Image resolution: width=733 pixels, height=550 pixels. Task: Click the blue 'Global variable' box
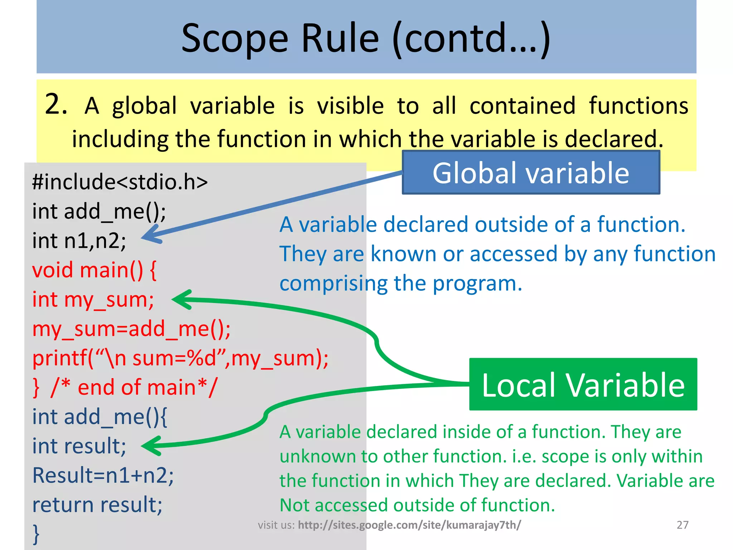[x=531, y=173]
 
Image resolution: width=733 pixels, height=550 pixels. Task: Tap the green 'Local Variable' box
[x=583, y=385]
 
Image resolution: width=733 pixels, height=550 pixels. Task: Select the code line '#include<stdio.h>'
[x=120, y=182]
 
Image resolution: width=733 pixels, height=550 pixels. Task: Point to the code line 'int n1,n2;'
[x=79, y=241]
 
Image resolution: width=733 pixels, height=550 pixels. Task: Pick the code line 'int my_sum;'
[x=93, y=300]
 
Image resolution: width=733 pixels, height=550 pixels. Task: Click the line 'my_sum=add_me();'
[x=131, y=329]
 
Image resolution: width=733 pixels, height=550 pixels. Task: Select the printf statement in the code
[x=180, y=358]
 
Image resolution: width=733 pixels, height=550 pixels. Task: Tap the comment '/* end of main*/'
[x=134, y=387]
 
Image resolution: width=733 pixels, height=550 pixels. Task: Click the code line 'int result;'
[x=79, y=446]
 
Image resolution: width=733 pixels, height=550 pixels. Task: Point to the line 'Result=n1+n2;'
[x=103, y=476]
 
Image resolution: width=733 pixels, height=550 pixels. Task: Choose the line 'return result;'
[x=97, y=505]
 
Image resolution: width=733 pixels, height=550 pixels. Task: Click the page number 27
[x=683, y=525]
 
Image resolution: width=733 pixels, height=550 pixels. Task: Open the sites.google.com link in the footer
[x=409, y=525]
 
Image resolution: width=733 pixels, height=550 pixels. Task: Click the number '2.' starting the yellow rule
[x=56, y=105]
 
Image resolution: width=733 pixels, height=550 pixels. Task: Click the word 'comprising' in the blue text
[x=333, y=284]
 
